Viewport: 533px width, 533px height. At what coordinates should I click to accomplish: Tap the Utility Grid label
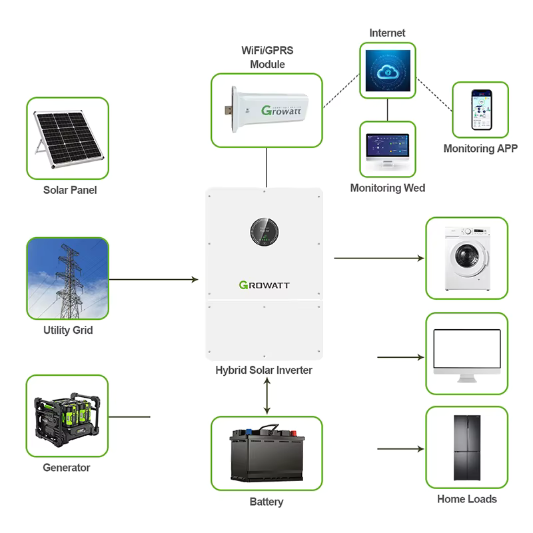click(x=67, y=330)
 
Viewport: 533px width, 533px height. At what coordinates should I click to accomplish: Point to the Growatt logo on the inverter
click(x=265, y=285)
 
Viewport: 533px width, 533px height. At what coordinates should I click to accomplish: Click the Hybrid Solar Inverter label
click(x=264, y=370)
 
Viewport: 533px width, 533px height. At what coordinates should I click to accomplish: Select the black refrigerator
click(x=466, y=448)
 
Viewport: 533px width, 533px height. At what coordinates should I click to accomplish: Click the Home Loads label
click(x=466, y=499)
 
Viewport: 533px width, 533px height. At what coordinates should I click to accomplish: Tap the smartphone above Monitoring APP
click(x=481, y=110)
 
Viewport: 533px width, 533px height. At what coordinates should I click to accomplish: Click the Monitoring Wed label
click(x=388, y=189)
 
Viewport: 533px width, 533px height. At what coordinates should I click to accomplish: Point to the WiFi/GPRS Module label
click(x=267, y=57)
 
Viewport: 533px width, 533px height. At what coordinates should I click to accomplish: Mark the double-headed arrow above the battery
click(x=267, y=396)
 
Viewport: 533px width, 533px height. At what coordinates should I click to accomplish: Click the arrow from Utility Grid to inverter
click(x=153, y=280)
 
